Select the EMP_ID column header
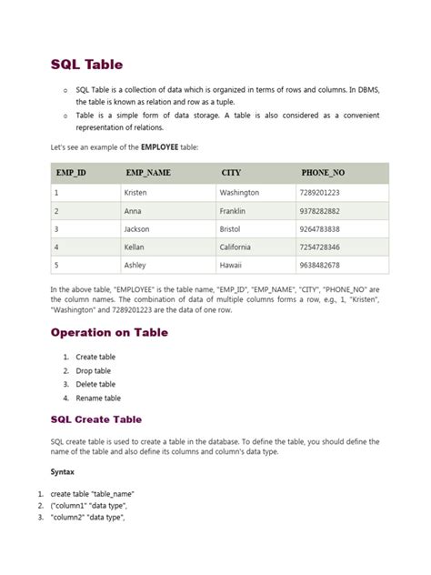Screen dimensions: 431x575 (x=70, y=172)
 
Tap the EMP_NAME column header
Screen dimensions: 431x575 (x=148, y=172)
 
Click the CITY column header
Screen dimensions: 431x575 (x=231, y=172)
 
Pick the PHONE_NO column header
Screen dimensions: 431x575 (x=323, y=172)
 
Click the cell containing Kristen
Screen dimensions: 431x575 (x=137, y=193)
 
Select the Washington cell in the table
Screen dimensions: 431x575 (x=240, y=193)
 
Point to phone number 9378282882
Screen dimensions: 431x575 (x=319, y=211)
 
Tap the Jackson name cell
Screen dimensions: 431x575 (x=138, y=229)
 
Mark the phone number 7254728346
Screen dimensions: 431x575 (x=319, y=247)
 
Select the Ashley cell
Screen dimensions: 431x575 (x=136, y=265)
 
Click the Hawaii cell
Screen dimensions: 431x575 (x=231, y=265)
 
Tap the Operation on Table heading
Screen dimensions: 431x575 (x=109, y=332)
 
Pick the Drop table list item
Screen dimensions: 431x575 (x=94, y=371)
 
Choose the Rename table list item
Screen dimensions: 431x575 (x=98, y=398)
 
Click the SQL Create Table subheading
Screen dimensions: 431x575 (x=95, y=419)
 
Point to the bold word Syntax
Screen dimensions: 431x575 (x=64, y=472)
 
